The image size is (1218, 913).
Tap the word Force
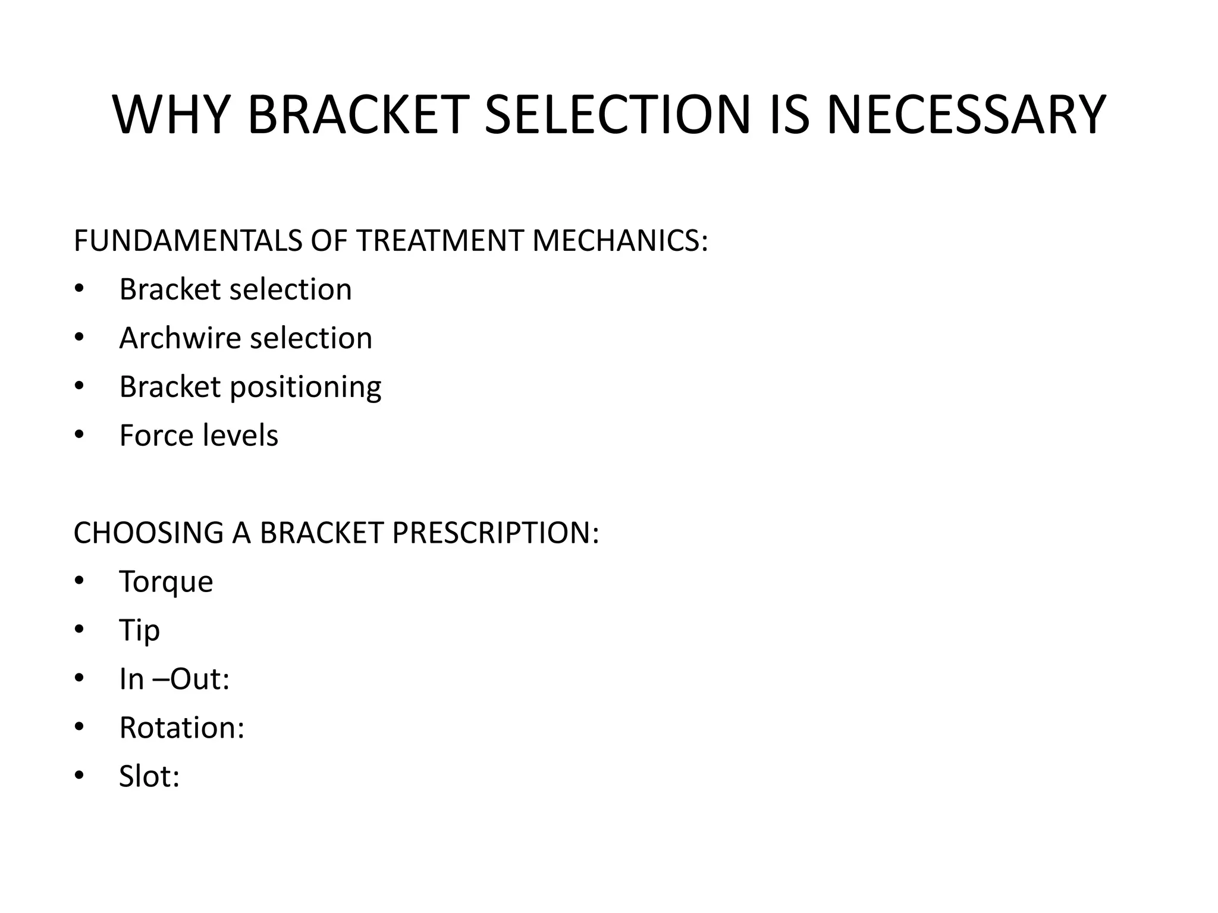(156, 436)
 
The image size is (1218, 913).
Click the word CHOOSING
(147, 533)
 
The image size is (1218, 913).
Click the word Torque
(166, 581)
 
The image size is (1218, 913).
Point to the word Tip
(139, 631)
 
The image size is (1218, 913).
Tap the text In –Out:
(174, 679)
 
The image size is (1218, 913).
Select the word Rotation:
(182, 728)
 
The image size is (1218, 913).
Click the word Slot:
(149, 776)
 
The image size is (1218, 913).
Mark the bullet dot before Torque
(80, 581)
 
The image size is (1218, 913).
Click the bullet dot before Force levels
(80, 436)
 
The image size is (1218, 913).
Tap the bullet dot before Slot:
(80, 776)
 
